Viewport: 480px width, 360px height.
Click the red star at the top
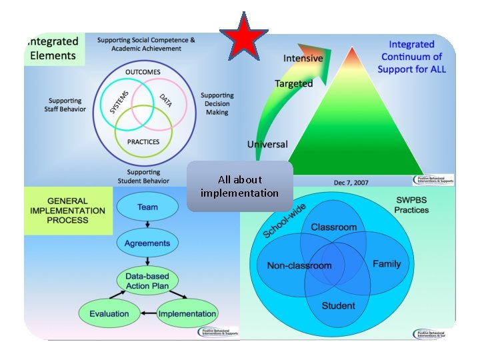coord(244,37)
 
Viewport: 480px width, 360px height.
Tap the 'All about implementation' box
coord(240,186)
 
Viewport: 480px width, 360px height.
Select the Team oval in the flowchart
coord(147,207)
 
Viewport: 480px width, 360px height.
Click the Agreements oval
coord(147,243)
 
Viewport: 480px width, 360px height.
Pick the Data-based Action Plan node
coord(147,281)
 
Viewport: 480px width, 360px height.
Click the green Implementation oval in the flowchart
coord(187,313)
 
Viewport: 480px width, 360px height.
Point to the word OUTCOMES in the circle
coord(143,72)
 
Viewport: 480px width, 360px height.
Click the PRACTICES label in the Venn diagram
coord(143,142)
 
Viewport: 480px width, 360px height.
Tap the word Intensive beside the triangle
coord(303,59)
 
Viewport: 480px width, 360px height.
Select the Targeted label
coord(293,83)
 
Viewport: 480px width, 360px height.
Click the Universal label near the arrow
coord(267,144)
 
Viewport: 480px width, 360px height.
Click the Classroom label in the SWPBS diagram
coord(333,227)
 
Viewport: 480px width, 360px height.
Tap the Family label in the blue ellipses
coord(387,264)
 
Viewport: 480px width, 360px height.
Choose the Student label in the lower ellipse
coord(338,306)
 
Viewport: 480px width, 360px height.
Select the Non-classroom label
coord(299,265)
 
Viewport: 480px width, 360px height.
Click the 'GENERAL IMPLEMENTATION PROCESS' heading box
coord(67,211)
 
